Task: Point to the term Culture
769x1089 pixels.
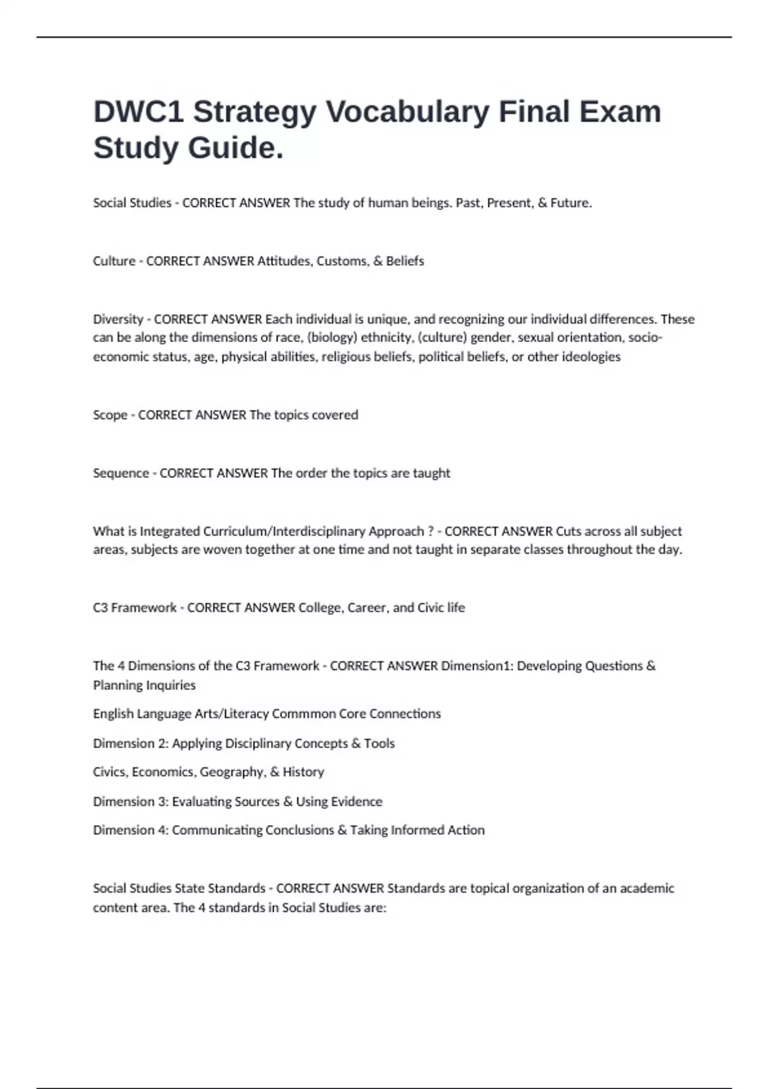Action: pos(114,261)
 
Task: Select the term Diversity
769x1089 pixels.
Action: pos(118,319)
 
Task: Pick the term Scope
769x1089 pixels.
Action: pos(110,415)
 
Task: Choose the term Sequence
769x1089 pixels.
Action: pos(120,473)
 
